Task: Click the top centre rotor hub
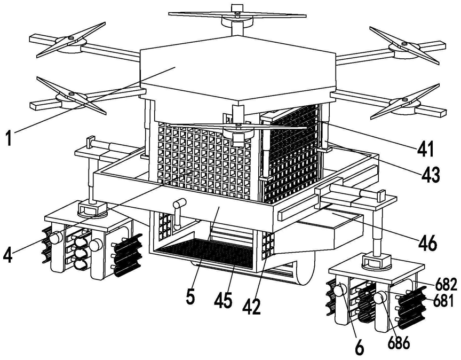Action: point(235,17)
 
